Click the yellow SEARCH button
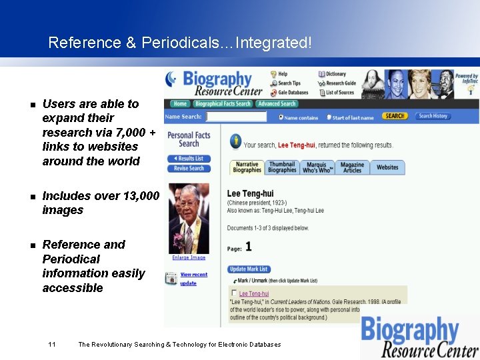pyautogui.click(x=395, y=116)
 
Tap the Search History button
pyautogui.click(x=433, y=116)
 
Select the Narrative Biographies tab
pyautogui.click(x=247, y=167)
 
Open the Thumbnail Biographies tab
pyautogui.click(x=282, y=167)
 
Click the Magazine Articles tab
pyautogui.click(x=352, y=167)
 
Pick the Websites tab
pyautogui.click(x=387, y=167)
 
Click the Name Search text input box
pyautogui.click(x=236, y=117)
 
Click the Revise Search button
pyautogui.click(x=189, y=168)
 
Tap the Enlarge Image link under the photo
pyautogui.click(x=189, y=257)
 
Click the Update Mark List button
pyautogui.click(x=248, y=269)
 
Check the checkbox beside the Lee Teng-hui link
pyautogui.click(x=233, y=293)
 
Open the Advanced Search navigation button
pyautogui.click(x=277, y=103)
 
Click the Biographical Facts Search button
pyautogui.click(x=223, y=103)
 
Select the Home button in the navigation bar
pyautogui.click(x=180, y=103)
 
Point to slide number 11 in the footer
pyautogui.click(x=51, y=344)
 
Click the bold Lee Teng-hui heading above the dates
pyautogui.click(x=250, y=194)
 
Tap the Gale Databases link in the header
pyautogui.click(x=293, y=93)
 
